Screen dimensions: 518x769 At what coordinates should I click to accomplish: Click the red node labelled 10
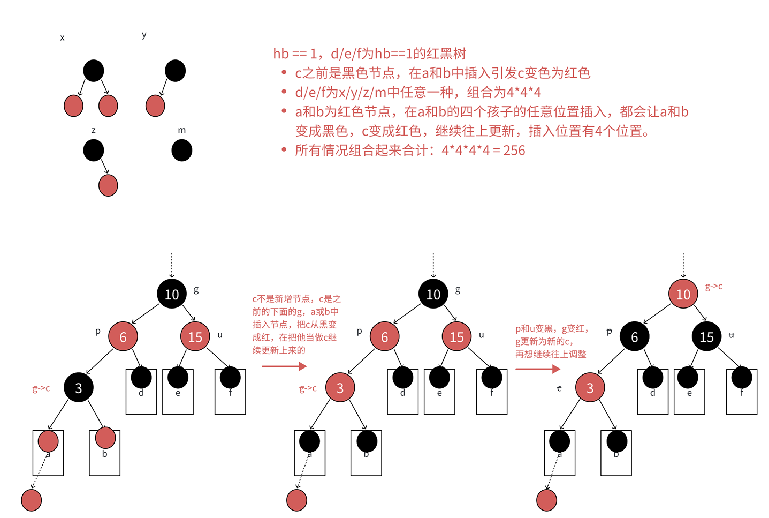pyautogui.click(x=683, y=294)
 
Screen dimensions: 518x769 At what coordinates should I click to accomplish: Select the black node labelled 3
pyautogui.click(x=79, y=387)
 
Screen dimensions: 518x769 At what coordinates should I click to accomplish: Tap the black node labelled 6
pyautogui.click(x=634, y=336)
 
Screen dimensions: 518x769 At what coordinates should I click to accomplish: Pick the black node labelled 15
pyautogui.click(x=706, y=336)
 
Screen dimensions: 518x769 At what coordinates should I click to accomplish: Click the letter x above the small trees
pyautogui.click(x=63, y=38)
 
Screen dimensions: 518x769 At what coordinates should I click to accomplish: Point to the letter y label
pyautogui.click(x=144, y=35)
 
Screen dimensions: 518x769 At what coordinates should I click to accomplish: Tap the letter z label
pyautogui.click(x=94, y=130)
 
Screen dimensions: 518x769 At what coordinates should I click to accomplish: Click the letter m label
pyautogui.click(x=182, y=130)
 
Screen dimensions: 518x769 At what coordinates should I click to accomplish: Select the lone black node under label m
pyautogui.click(x=182, y=151)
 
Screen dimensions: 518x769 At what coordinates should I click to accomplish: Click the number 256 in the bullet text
pyautogui.click(x=514, y=151)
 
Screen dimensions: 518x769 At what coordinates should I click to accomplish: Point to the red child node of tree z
pyautogui.click(x=108, y=185)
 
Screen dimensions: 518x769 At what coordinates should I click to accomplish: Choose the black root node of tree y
pyautogui.click(x=176, y=71)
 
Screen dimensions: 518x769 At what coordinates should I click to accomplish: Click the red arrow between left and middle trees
pyautogui.click(x=284, y=366)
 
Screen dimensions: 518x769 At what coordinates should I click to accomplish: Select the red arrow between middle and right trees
pyautogui.click(x=538, y=369)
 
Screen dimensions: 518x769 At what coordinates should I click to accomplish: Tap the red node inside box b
pyautogui.click(x=105, y=438)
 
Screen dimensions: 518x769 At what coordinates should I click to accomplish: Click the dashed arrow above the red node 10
pyautogui.click(x=683, y=265)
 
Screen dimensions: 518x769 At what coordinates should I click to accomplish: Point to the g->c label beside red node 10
pyautogui.click(x=714, y=287)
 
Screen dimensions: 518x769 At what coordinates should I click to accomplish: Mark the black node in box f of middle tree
pyautogui.click(x=491, y=378)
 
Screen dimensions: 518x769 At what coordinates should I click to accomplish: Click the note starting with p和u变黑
pyautogui.click(x=551, y=341)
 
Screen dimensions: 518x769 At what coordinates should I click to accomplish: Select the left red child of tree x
pyautogui.click(x=74, y=106)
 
